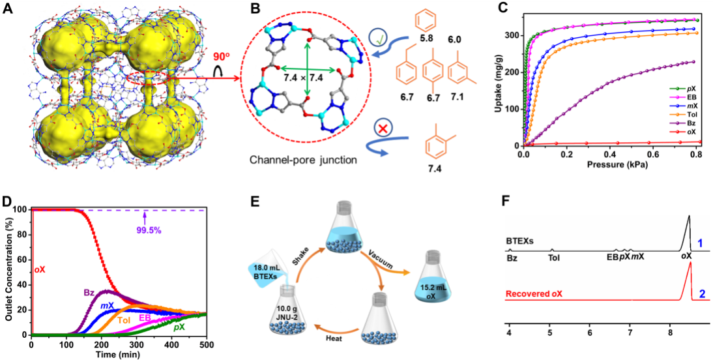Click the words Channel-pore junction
[302, 158]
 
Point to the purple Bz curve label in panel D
[89, 292]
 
